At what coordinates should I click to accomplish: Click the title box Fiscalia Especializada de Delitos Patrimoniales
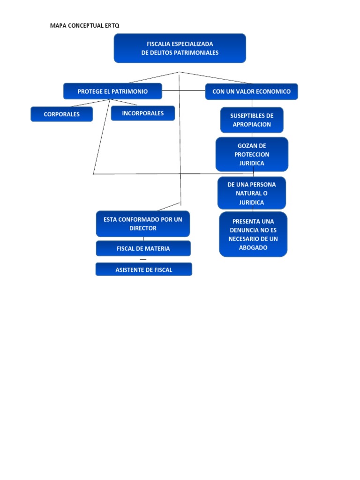(x=180, y=48)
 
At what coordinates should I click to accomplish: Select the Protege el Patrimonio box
(x=112, y=91)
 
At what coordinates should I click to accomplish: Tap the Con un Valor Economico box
(x=251, y=91)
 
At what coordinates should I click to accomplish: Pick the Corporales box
(x=62, y=114)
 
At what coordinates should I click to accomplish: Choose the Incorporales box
(x=143, y=113)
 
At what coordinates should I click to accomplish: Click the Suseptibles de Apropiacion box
(x=252, y=120)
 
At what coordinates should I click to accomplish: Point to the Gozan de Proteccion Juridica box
(x=252, y=154)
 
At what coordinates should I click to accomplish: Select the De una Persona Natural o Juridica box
(x=252, y=193)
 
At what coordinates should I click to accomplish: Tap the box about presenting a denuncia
(x=253, y=234)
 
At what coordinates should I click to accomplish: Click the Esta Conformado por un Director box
(x=143, y=224)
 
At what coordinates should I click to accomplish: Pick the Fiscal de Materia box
(x=143, y=248)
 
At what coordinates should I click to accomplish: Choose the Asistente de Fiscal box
(x=144, y=270)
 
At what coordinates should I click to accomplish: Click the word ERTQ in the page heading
(x=112, y=26)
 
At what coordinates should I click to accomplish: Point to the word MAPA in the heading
(x=59, y=26)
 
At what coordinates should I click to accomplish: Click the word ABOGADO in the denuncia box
(x=253, y=247)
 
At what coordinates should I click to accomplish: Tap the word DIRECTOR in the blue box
(x=143, y=228)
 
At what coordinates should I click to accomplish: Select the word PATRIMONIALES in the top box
(x=197, y=53)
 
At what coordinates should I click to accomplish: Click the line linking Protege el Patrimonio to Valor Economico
(x=184, y=90)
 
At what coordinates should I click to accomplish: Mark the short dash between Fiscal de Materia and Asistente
(x=143, y=259)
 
